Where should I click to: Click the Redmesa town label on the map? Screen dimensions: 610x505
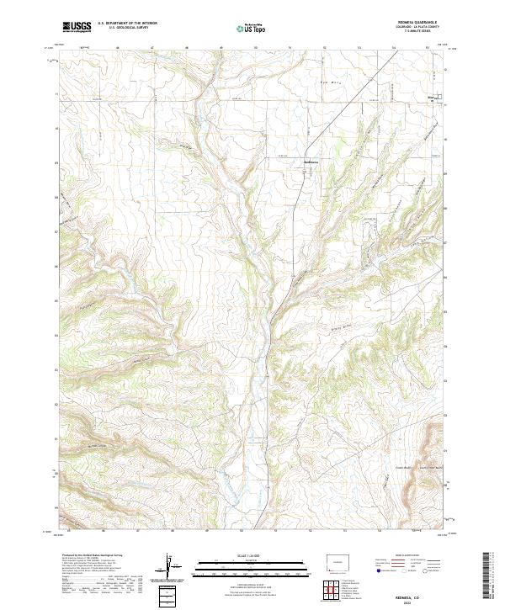(311, 163)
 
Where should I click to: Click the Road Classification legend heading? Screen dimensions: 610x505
(409, 556)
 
